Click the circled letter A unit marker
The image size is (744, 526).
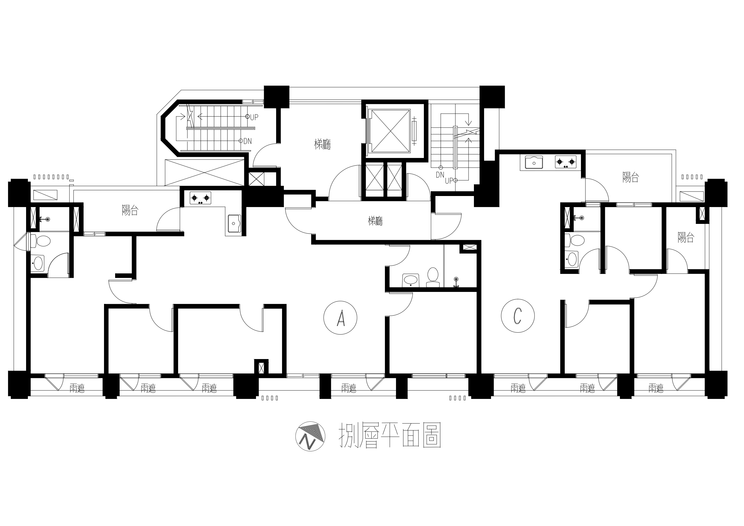(x=340, y=318)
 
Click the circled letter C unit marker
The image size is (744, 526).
(x=517, y=316)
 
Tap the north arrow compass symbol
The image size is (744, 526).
(x=311, y=436)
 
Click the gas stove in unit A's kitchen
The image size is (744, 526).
(x=200, y=198)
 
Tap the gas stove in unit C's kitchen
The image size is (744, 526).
(x=566, y=162)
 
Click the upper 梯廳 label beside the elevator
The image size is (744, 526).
(x=323, y=144)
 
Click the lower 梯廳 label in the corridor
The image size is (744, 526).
(x=375, y=221)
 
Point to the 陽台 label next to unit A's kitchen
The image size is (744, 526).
(x=130, y=210)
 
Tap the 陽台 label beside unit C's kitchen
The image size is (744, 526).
(x=631, y=177)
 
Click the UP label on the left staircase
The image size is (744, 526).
(x=254, y=117)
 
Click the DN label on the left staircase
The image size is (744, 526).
(x=248, y=141)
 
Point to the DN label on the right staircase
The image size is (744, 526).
(x=440, y=175)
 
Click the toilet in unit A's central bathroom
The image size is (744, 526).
(x=433, y=278)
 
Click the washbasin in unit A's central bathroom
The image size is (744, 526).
(x=411, y=280)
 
